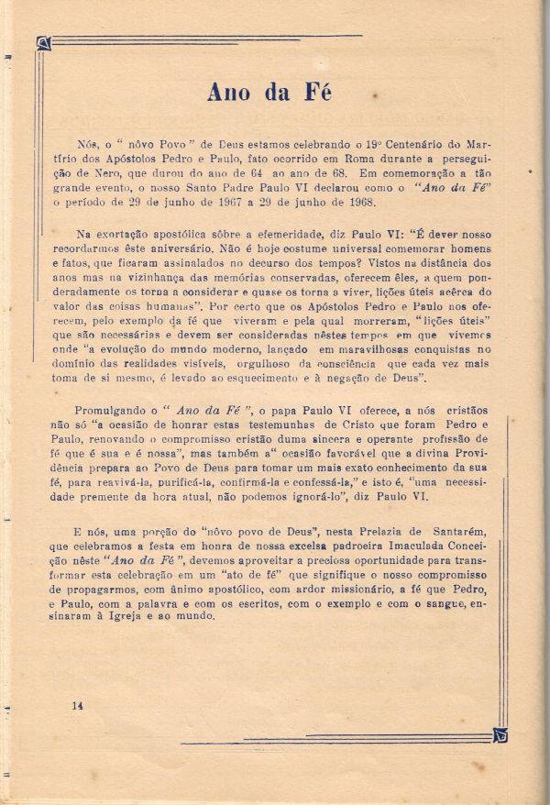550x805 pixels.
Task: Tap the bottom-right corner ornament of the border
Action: tap(500, 735)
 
